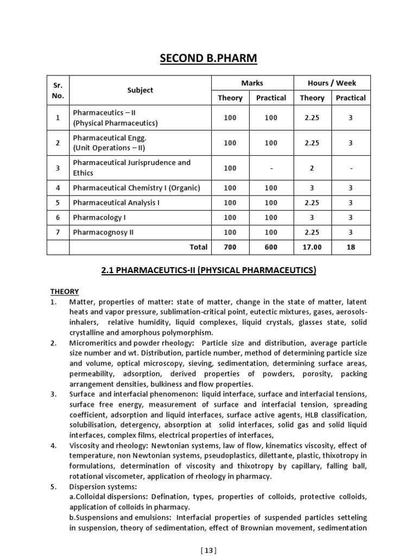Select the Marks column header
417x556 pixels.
point(252,83)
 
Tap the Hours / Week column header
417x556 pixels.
point(332,83)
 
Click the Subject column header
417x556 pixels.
point(140,90)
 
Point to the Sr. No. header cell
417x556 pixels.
point(58,90)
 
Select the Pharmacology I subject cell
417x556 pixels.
point(95,217)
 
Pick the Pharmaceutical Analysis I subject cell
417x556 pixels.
point(116,203)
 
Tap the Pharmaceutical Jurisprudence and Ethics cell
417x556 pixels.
point(132,168)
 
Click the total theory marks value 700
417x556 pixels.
point(230,247)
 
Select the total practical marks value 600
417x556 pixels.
point(271,247)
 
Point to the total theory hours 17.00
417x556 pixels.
point(312,247)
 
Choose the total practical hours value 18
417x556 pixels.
point(351,247)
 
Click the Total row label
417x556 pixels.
point(198,247)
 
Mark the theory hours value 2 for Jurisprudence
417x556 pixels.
point(312,168)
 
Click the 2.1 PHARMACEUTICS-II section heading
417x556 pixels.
point(208,270)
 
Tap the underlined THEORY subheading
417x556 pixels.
point(65,292)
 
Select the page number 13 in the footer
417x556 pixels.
point(208,551)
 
